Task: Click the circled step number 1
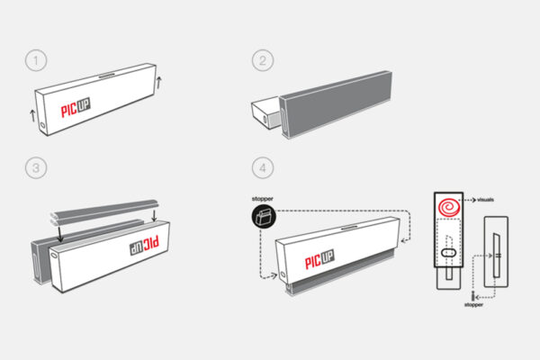[x=36, y=60]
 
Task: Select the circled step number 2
[x=263, y=60]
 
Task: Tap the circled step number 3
[x=36, y=167]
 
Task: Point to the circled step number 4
[x=263, y=167]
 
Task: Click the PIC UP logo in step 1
[x=76, y=107]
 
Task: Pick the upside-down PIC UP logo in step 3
[x=144, y=245]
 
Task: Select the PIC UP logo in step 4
[x=319, y=259]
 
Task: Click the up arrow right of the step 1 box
[x=158, y=83]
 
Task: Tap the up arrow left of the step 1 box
[x=32, y=116]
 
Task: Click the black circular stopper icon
[x=264, y=217]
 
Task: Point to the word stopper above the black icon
[x=263, y=199]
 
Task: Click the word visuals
[x=486, y=200]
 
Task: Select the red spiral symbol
[x=449, y=207]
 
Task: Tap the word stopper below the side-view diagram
[x=474, y=304]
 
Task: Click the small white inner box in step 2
[x=265, y=112]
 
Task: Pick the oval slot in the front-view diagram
[x=448, y=253]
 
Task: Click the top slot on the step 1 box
[x=107, y=75]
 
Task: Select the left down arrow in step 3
[x=60, y=234]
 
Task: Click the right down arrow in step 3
[x=154, y=215]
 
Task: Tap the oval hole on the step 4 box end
[x=283, y=274]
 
